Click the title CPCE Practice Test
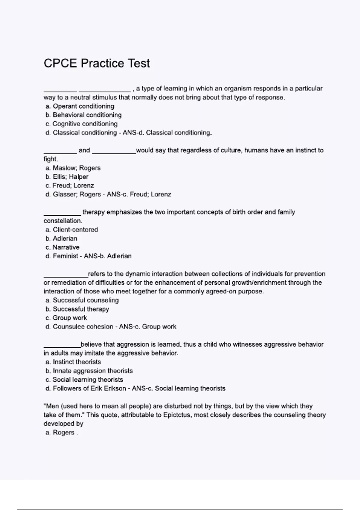[97, 63]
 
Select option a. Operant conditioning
[80, 106]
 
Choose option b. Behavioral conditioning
[83, 115]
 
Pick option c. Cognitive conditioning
[81, 124]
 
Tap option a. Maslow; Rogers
[73, 168]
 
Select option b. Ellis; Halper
[67, 177]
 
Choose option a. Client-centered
[72, 230]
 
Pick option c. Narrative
[62, 247]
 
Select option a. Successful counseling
[82, 300]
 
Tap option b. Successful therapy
[77, 309]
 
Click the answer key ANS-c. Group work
[148, 327]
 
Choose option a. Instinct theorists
[73, 362]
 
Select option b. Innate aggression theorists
[89, 371]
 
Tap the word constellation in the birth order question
[62, 221]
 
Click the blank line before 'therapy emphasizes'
[62, 214]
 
